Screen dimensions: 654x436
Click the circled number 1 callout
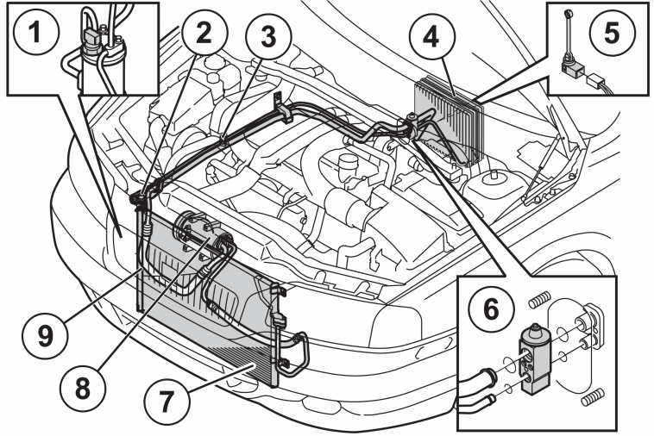point(36,31)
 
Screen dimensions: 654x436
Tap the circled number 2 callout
point(204,33)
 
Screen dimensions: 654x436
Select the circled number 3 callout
point(268,37)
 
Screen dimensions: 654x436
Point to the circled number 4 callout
point(431,37)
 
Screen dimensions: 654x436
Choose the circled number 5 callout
point(612,32)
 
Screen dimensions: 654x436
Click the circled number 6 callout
point(490,309)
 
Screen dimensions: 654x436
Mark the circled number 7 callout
point(167,402)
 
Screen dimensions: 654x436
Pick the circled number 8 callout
point(82,388)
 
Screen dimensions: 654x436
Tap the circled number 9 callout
point(46,335)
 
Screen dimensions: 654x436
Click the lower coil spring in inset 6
point(592,397)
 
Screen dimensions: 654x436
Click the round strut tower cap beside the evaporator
point(492,180)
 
